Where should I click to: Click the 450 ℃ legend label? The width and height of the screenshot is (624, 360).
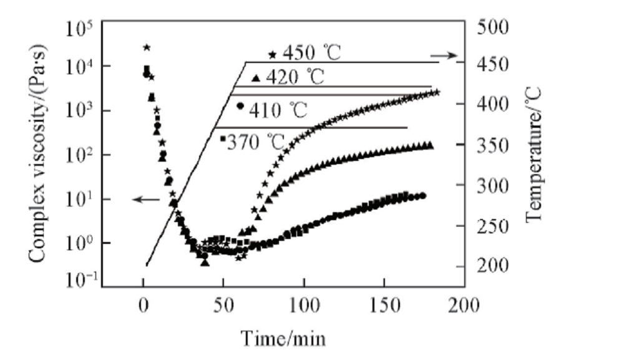pyautogui.click(x=311, y=52)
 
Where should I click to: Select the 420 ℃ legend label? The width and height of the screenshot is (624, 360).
pyautogui.click(x=295, y=78)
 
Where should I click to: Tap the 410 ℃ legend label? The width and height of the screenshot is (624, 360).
pyautogui.click(x=278, y=111)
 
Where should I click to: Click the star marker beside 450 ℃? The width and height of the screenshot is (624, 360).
pyautogui.click(x=272, y=55)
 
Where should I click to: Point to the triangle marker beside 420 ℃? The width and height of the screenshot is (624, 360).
pyautogui.click(x=255, y=78)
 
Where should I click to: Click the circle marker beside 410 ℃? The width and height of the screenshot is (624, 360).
pyautogui.click(x=240, y=106)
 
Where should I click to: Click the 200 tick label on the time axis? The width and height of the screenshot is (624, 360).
pyautogui.click(x=464, y=306)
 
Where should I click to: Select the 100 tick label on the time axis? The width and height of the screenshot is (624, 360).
pyautogui.click(x=304, y=306)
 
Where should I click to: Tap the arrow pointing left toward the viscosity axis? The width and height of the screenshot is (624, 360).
pyautogui.click(x=145, y=199)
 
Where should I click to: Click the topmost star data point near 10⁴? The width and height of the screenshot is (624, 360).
pyautogui.click(x=147, y=47)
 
